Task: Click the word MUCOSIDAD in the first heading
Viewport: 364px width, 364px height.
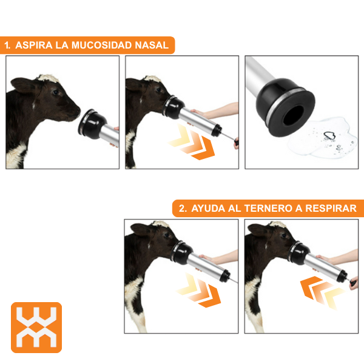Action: coord(102,45)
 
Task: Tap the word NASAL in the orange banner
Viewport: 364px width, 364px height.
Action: coord(152,45)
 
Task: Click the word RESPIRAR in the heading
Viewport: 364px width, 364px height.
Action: coord(331,208)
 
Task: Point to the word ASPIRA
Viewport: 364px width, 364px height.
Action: coord(34,45)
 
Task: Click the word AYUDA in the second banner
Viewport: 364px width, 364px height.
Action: coord(208,208)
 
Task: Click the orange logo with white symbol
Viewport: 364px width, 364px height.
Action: coord(36,328)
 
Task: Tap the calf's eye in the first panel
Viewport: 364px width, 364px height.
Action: coord(56,93)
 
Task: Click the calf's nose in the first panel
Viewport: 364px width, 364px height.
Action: coord(77,111)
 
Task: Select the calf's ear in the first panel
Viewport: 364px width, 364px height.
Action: coord(22,85)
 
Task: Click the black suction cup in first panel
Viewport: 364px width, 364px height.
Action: coord(92,124)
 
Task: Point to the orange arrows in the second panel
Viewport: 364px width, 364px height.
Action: coord(192,142)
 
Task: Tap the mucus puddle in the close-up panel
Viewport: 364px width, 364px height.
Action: coord(323,138)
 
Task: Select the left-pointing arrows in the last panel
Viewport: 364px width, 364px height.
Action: coord(323,293)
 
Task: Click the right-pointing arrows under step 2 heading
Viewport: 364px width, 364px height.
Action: coord(199,290)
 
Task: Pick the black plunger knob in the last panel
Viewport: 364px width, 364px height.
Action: coord(353,283)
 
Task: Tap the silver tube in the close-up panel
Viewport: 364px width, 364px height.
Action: coord(260,74)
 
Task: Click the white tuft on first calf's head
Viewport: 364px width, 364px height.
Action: coord(49,78)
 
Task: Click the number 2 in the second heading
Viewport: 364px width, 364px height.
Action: coord(182,208)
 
